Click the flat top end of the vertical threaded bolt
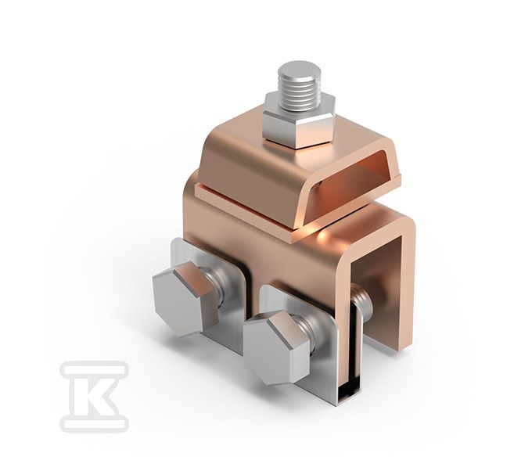[x=298, y=70]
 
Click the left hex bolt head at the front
[x=185, y=299]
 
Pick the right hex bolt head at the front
[x=276, y=347]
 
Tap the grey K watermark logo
[x=95, y=396]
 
